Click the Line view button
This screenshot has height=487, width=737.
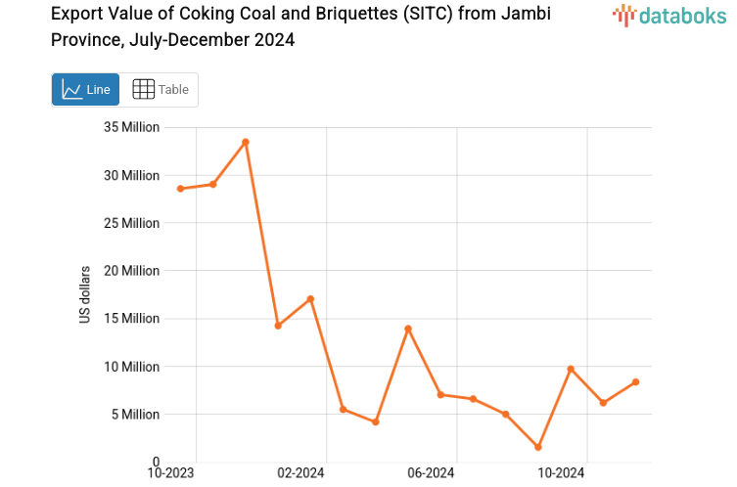click(85, 89)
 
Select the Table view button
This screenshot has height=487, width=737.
click(160, 89)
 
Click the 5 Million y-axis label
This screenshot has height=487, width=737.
click(135, 415)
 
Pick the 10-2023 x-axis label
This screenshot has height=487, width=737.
click(170, 473)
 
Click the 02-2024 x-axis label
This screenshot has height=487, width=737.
click(300, 473)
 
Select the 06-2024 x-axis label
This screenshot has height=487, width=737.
click(431, 473)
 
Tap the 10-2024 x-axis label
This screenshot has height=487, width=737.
click(561, 473)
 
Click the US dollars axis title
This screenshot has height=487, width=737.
click(85, 294)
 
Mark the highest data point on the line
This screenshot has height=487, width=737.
click(246, 142)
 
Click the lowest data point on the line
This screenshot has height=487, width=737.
click(538, 447)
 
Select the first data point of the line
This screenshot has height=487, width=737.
click(180, 189)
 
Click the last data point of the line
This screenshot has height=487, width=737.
click(635, 381)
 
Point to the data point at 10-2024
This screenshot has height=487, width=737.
click(571, 369)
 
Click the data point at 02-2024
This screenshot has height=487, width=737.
click(310, 298)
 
